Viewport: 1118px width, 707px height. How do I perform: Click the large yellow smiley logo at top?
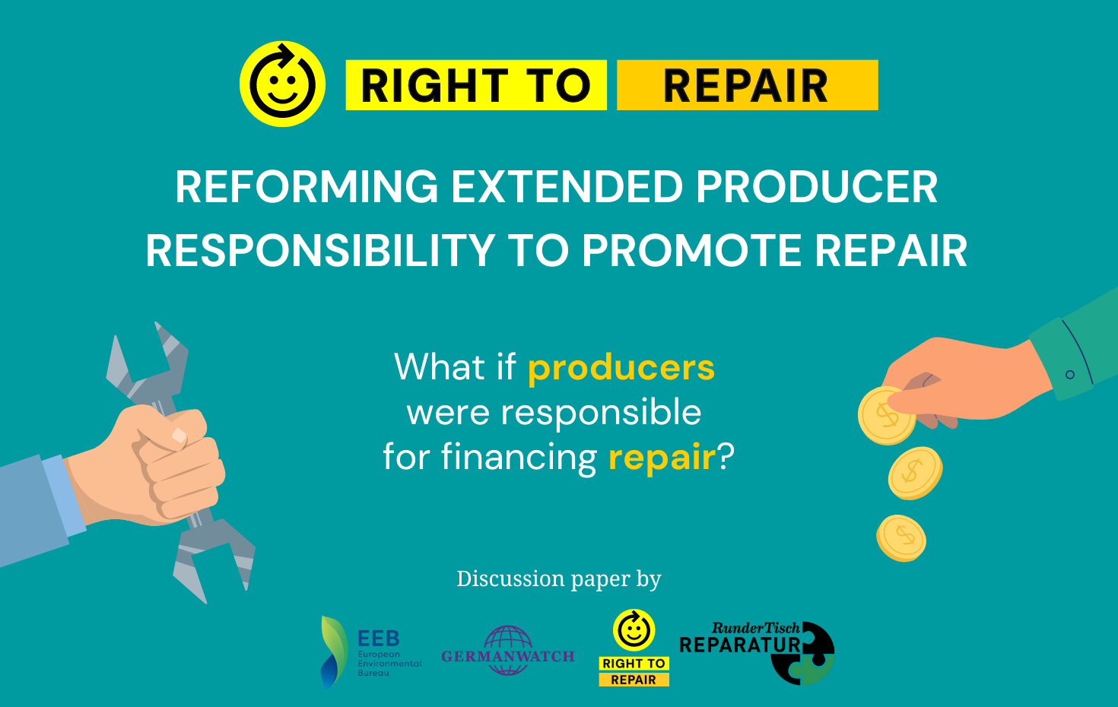[x=282, y=84]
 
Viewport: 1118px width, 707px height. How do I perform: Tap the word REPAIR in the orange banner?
[x=745, y=85]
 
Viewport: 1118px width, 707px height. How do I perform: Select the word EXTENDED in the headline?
[x=567, y=187]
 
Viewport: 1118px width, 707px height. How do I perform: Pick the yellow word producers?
[x=621, y=368]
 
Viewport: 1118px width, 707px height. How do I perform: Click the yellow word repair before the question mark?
[x=662, y=458]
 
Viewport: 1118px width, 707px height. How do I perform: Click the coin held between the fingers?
[x=885, y=416]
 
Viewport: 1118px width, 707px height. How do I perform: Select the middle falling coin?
[x=914, y=473]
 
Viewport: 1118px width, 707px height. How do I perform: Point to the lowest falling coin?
[x=901, y=537]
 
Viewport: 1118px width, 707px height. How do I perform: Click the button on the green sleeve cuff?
[x=1070, y=375]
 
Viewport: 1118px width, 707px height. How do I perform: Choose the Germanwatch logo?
[x=507, y=652]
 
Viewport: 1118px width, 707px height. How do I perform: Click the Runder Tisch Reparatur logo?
[x=758, y=651]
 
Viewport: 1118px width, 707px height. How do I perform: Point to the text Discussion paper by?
[x=558, y=579]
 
